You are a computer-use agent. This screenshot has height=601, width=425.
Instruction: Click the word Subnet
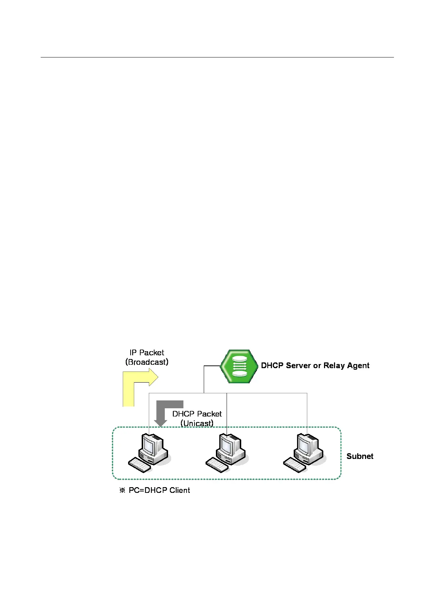[360, 456]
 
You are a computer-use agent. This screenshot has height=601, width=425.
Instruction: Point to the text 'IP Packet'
[147, 353]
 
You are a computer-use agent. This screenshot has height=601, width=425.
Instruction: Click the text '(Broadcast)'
[147, 362]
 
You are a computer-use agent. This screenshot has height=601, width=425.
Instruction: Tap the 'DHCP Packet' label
[197, 414]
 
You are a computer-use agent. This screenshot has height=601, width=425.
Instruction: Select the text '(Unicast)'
[197, 423]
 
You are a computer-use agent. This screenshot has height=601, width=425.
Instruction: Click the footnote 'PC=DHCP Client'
[159, 490]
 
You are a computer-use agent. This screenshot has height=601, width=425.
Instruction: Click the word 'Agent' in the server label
[358, 365]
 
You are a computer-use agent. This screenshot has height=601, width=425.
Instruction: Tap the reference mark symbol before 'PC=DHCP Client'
[122, 490]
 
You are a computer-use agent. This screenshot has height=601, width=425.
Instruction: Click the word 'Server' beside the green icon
[298, 365]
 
